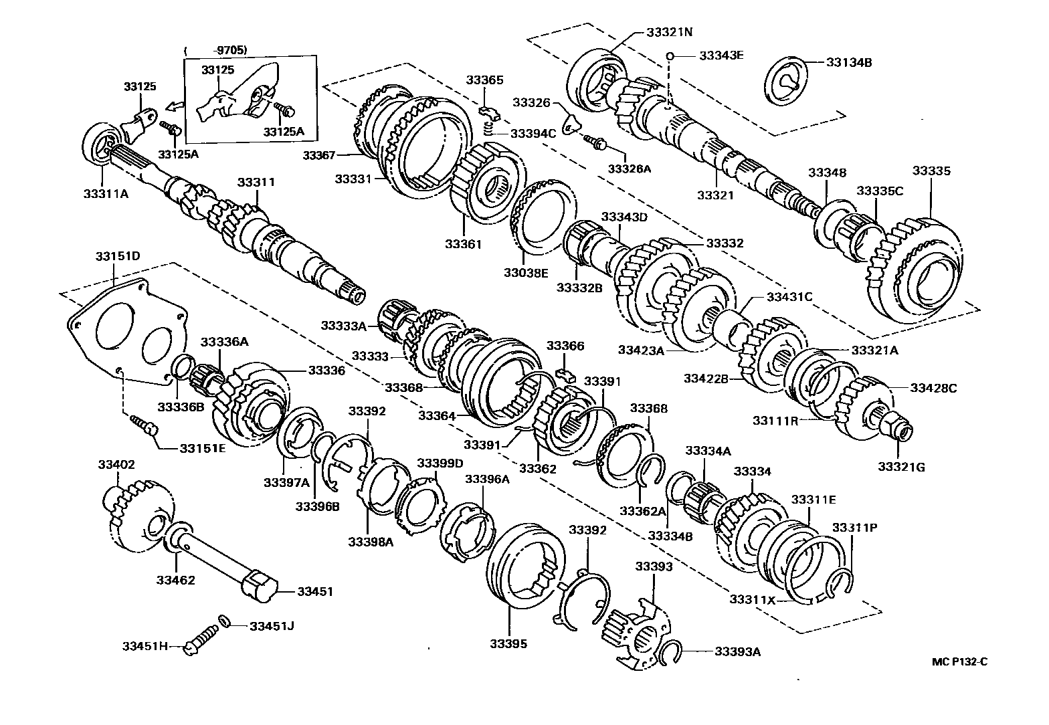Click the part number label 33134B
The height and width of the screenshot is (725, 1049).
pyautogui.click(x=849, y=62)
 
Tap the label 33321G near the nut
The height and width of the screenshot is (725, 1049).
pyautogui.click(x=901, y=467)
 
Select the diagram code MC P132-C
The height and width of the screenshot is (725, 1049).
pyautogui.click(x=960, y=662)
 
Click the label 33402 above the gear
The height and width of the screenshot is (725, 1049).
pyautogui.click(x=116, y=464)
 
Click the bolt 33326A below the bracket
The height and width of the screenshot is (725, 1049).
pyautogui.click(x=594, y=141)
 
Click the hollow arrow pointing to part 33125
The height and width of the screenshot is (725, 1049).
pyautogui.click(x=175, y=106)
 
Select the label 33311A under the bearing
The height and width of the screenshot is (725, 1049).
pyautogui.click(x=106, y=193)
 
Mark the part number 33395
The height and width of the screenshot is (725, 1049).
pyautogui.click(x=508, y=643)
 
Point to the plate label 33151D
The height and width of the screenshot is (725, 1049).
pyautogui.click(x=117, y=256)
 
